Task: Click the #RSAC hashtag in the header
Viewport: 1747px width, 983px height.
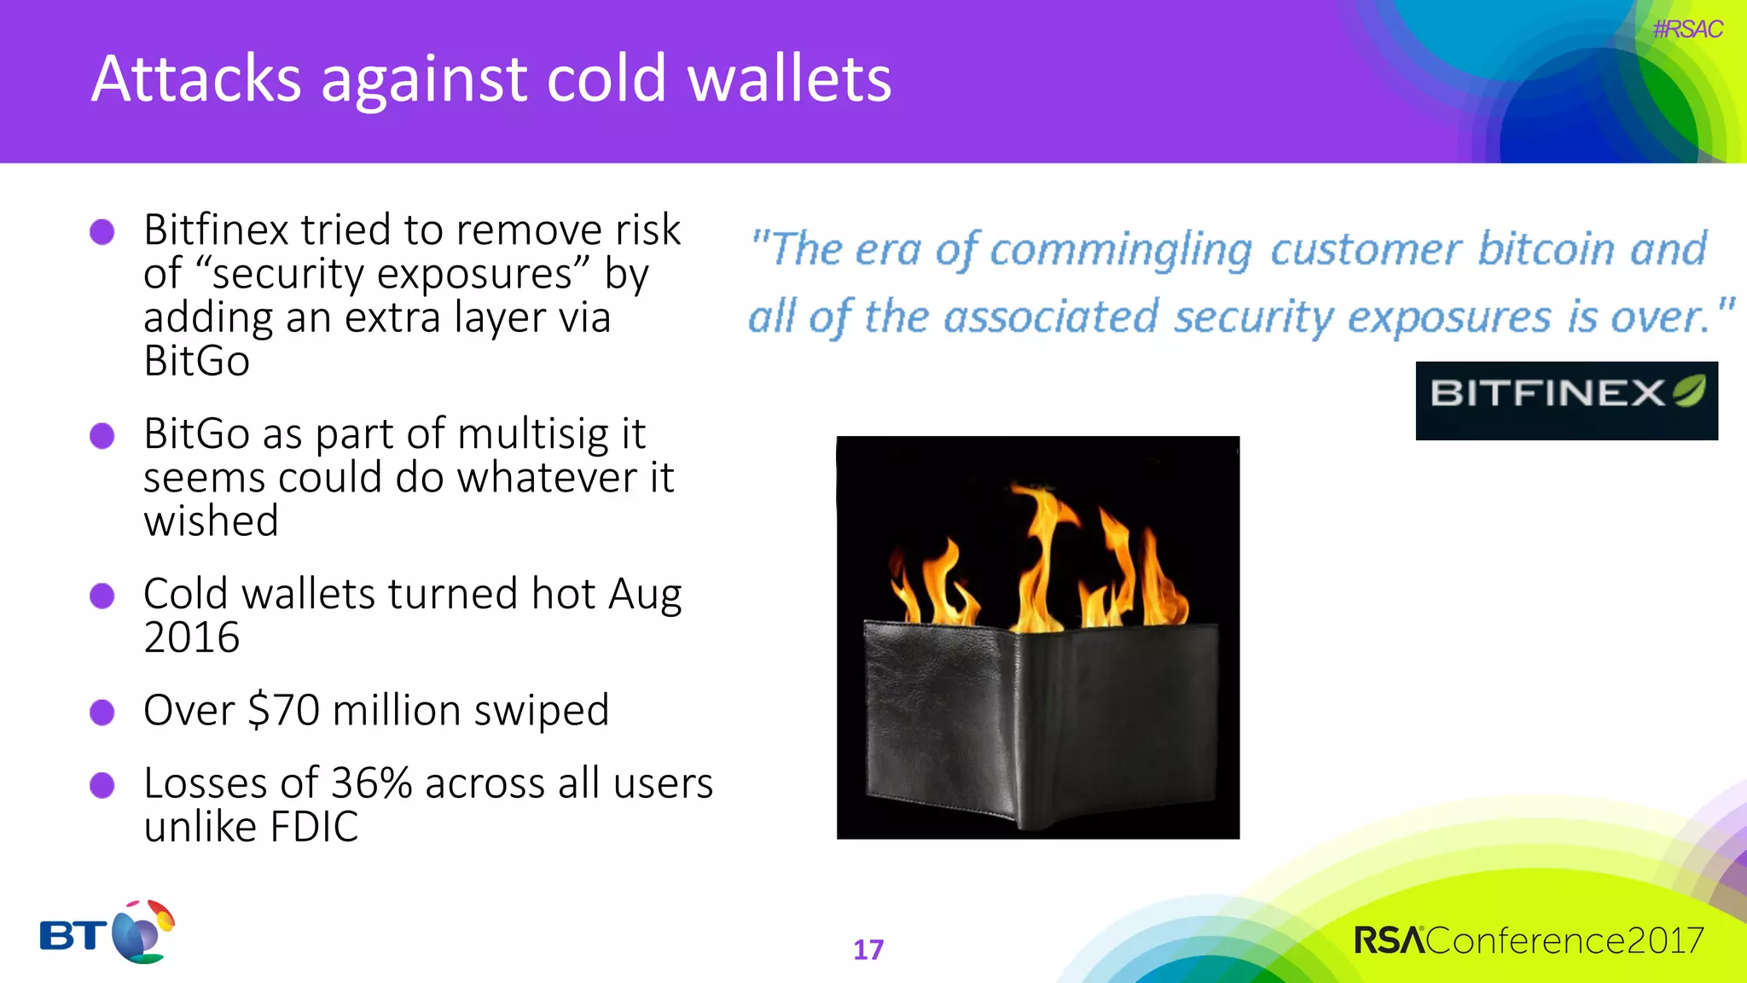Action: click(1686, 30)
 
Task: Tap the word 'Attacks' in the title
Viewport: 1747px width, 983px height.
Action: click(195, 79)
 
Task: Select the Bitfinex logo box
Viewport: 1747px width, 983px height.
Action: click(1565, 400)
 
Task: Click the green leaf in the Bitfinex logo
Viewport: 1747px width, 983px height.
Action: click(1689, 391)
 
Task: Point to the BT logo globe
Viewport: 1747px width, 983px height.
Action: click(141, 934)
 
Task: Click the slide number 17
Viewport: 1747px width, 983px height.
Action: click(868, 950)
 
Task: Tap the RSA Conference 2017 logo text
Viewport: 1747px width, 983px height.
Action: click(1529, 940)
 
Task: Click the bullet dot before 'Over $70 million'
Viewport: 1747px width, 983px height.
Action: click(102, 712)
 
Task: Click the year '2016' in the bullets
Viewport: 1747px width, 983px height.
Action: click(192, 637)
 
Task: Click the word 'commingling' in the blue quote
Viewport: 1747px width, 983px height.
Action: click(1120, 250)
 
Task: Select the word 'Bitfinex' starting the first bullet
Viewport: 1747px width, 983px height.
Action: click(217, 230)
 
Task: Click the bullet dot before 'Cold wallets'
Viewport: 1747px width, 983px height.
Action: click(102, 596)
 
